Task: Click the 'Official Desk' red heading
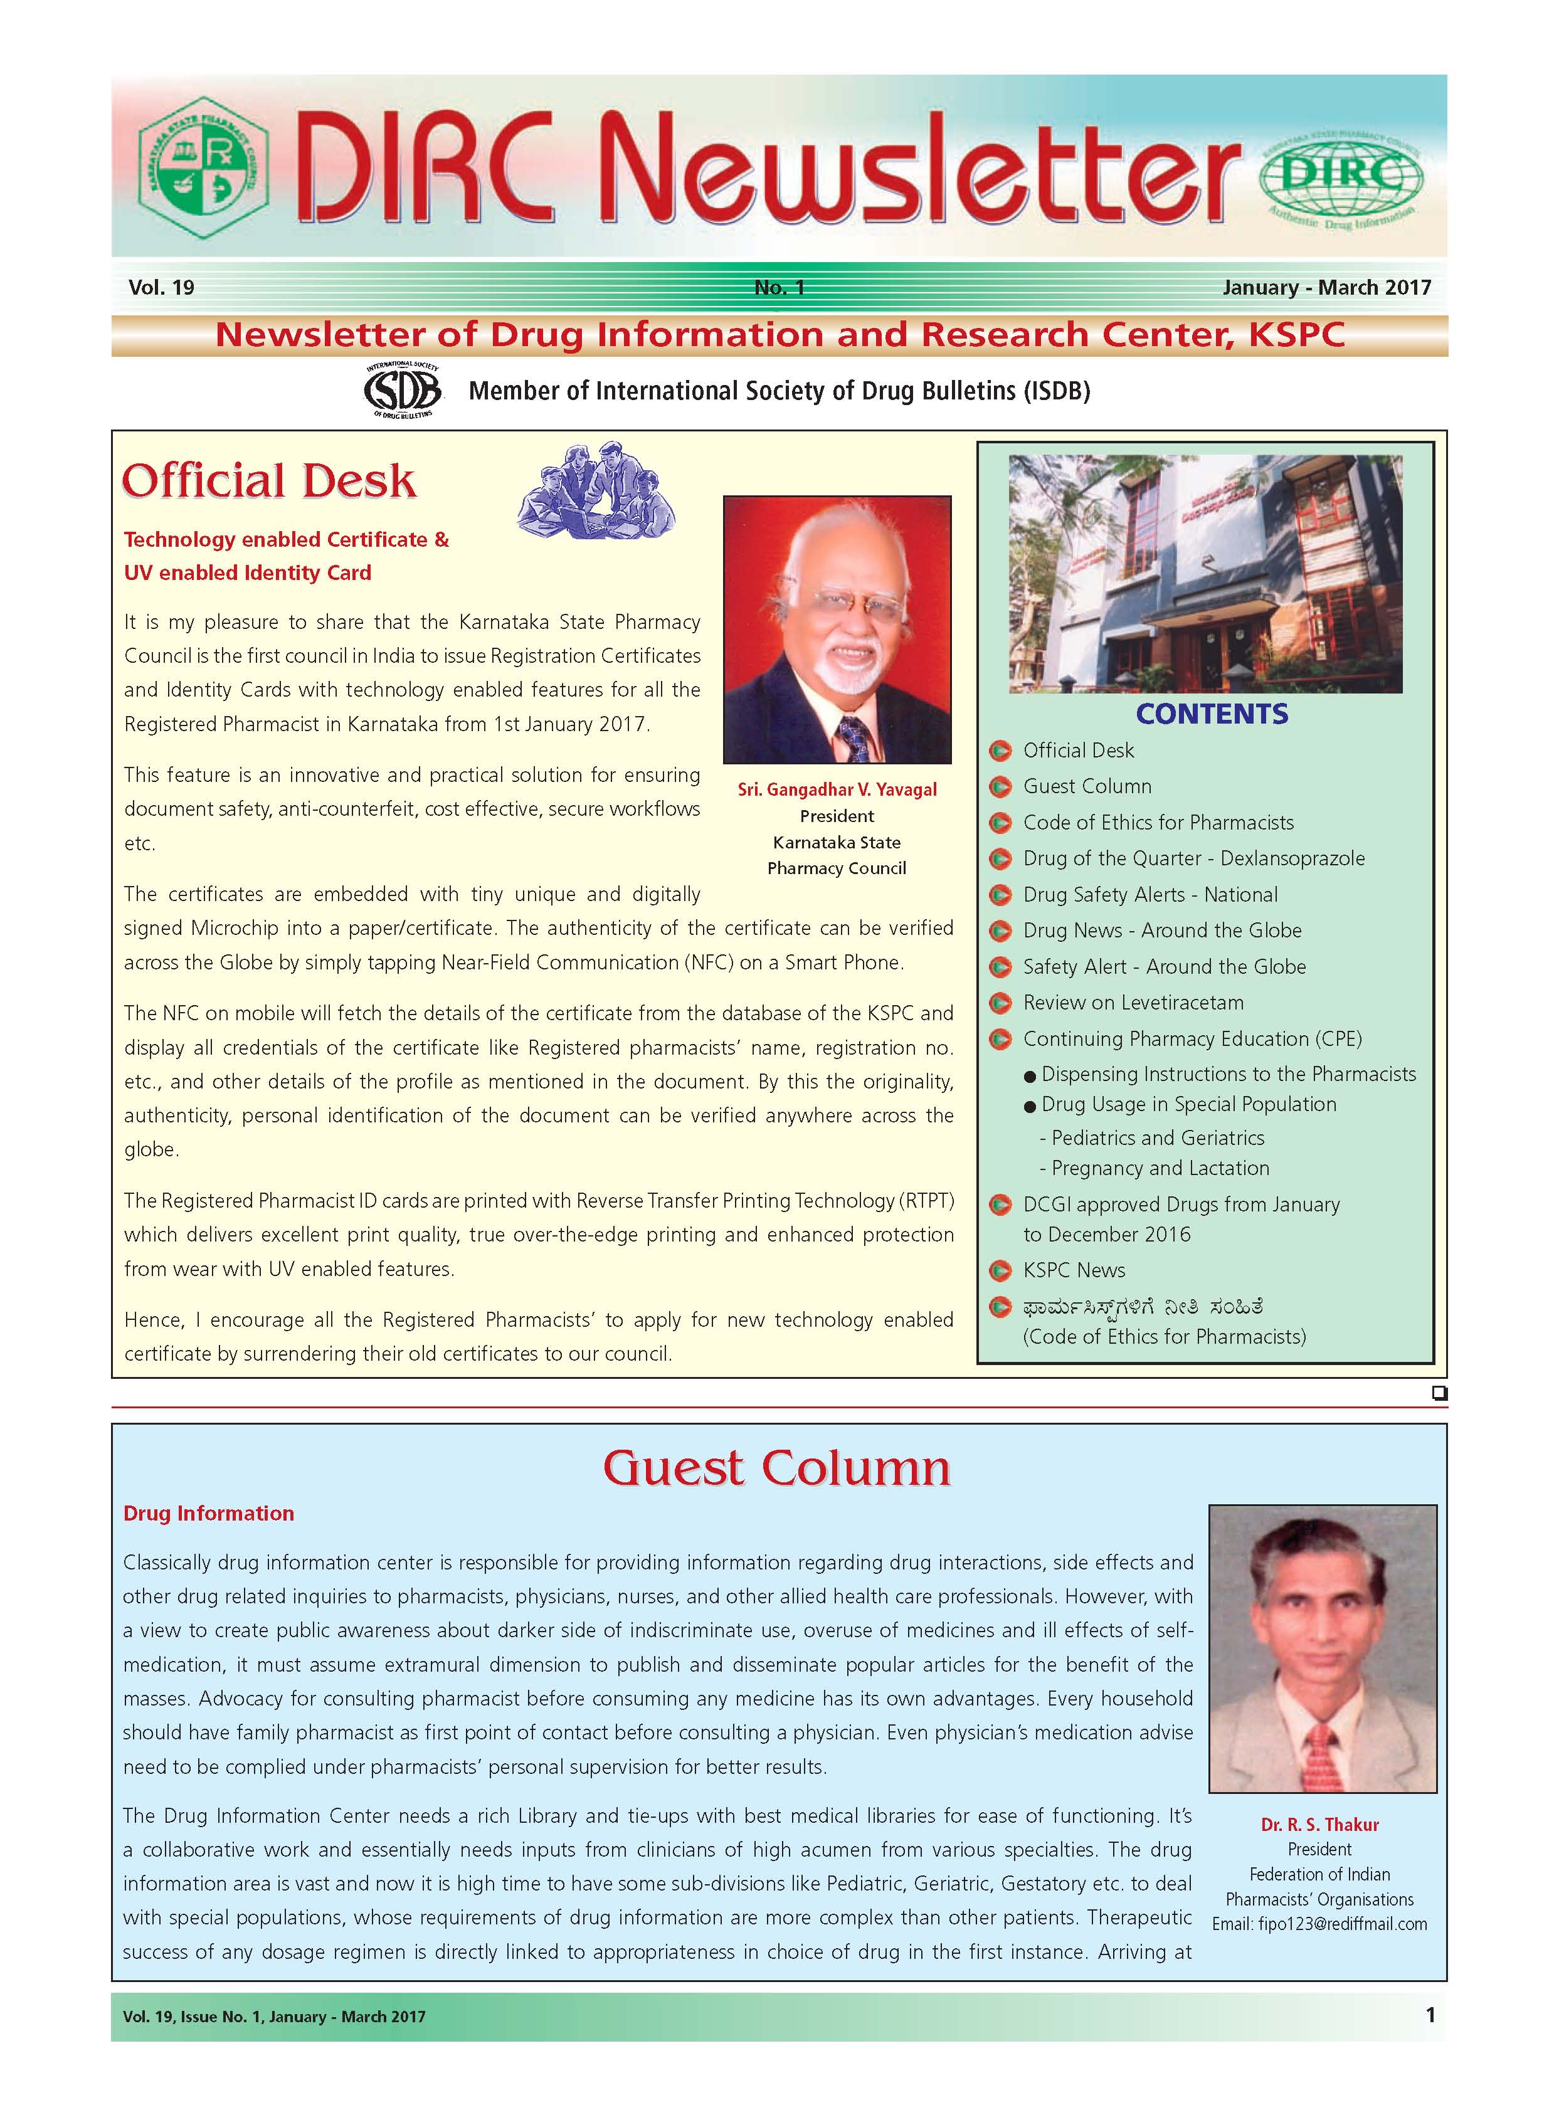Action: coord(269,481)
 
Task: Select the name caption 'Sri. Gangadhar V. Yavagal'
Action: coord(837,789)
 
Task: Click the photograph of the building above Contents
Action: coord(1205,574)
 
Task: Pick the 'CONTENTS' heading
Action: coord(1212,714)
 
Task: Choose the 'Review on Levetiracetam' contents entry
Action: coord(1133,1003)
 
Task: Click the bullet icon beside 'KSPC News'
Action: coord(1000,1271)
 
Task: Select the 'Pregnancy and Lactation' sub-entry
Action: coord(1160,1168)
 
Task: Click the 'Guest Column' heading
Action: coord(776,1469)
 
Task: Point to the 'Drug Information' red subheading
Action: coord(209,1513)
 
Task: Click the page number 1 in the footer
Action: coord(1430,2015)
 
